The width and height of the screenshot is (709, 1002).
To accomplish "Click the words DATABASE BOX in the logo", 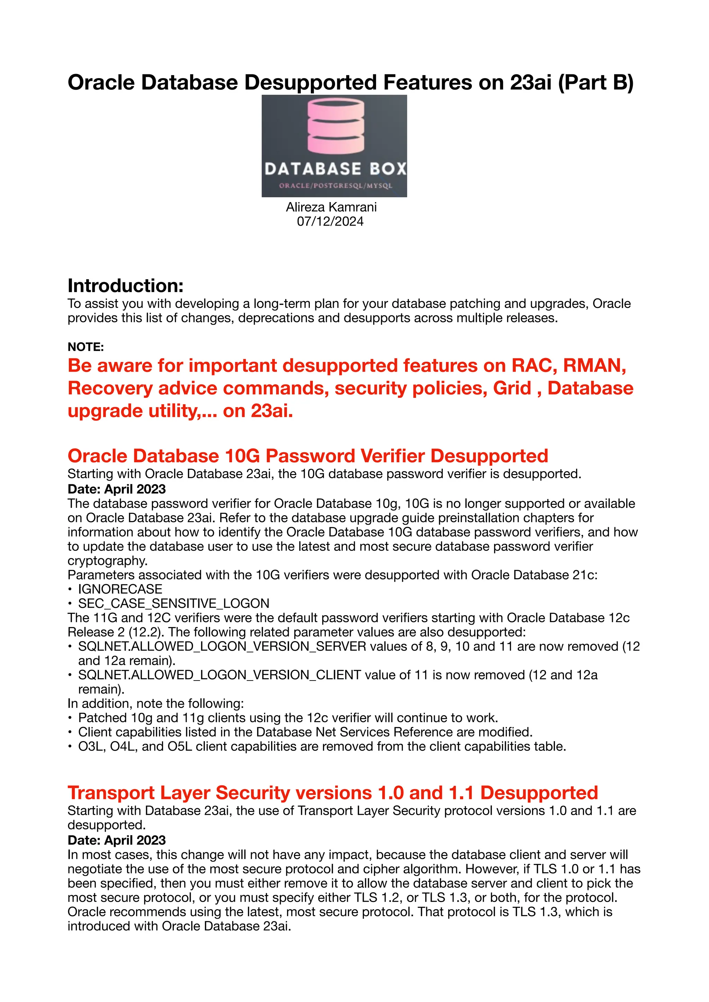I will click(335, 169).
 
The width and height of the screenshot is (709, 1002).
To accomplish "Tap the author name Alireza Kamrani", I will click(331, 207).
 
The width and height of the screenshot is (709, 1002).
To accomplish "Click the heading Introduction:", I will click(125, 286).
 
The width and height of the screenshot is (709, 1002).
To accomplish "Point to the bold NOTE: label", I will click(86, 347).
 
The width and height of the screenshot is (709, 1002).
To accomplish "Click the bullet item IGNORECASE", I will click(120, 589).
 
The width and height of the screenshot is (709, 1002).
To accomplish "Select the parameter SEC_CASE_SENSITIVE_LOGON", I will click(173, 603).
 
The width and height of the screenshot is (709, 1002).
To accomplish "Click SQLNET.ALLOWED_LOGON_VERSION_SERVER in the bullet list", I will click(222, 646).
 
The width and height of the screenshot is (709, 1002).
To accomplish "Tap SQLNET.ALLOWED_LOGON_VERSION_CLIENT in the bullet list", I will click(219, 675).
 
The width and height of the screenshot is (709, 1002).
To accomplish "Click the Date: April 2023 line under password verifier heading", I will click(117, 489).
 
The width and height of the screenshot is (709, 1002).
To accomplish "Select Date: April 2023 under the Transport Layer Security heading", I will click(117, 840).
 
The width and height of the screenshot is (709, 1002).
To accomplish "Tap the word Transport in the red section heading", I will click(111, 793).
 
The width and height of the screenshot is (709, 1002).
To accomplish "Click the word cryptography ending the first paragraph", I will click(107, 561).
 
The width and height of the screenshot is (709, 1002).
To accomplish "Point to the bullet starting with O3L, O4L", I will click(322, 747).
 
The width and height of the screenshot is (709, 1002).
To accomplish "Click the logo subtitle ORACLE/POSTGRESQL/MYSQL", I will click(335, 185).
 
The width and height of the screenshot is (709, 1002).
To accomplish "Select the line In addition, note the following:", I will click(155, 703).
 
